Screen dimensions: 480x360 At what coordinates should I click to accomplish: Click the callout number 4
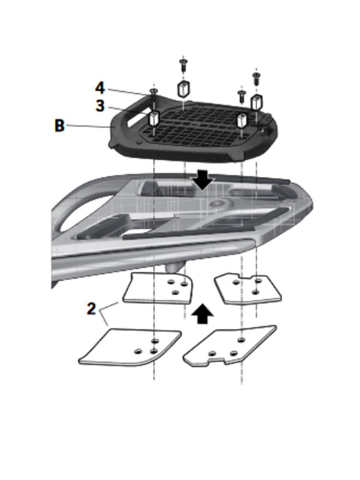[x=99, y=88]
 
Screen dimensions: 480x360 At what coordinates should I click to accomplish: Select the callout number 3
[x=99, y=106]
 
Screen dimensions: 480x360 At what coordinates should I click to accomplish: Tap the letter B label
[x=59, y=126]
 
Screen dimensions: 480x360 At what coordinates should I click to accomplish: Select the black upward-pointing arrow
[x=203, y=315]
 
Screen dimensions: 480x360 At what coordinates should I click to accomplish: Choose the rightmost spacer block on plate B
[x=257, y=101]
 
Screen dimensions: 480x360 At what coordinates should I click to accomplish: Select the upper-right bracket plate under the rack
[x=247, y=288]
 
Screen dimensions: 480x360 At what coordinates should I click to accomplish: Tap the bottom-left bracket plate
[x=131, y=347]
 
